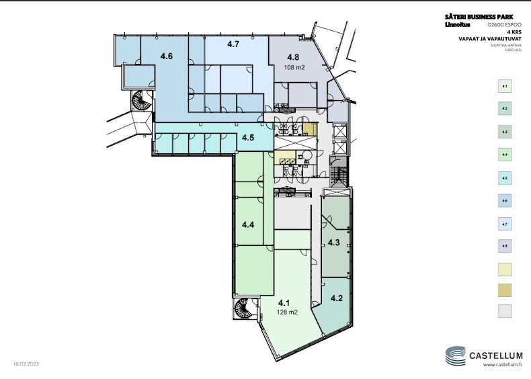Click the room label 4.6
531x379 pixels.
[x=166, y=57]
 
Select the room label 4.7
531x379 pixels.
[x=233, y=44]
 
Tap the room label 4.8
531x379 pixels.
[x=293, y=58]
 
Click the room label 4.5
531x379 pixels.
[x=247, y=138]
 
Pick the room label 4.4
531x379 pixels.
[x=247, y=224]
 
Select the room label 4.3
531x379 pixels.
[x=333, y=242]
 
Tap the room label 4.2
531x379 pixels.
[x=337, y=298]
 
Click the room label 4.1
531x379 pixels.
[x=284, y=302]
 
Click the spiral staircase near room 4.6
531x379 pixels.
[x=142, y=103]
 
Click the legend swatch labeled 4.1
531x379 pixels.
[x=504, y=86]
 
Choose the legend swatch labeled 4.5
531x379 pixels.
[x=504, y=177]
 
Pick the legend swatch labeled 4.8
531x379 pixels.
[x=504, y=246]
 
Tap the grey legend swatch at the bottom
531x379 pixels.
[x=504, y=310]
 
